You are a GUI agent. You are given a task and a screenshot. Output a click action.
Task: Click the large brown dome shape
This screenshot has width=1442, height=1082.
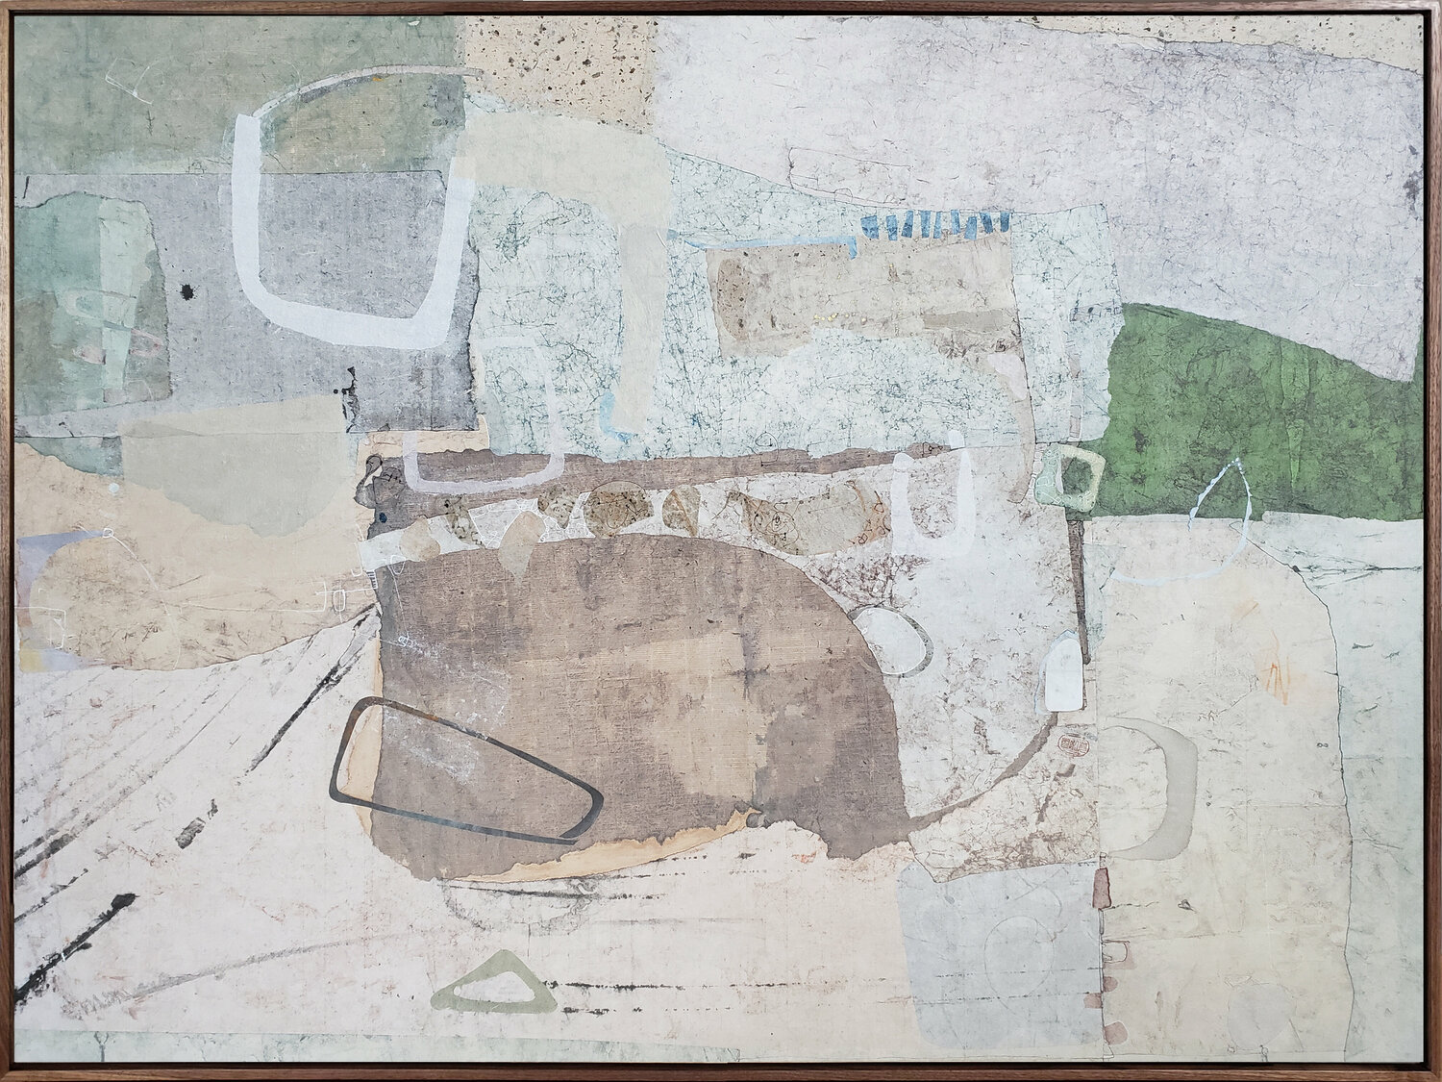615,692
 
